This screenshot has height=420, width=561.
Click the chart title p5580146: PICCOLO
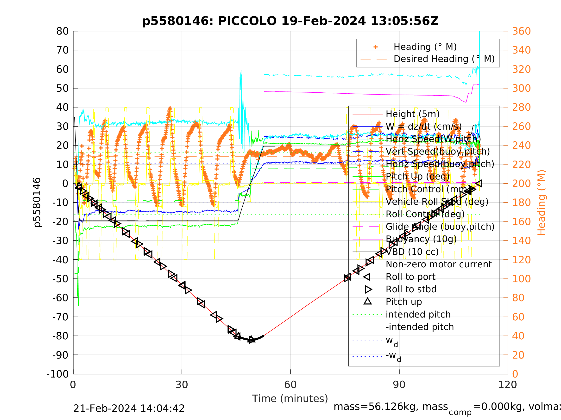[290, 21]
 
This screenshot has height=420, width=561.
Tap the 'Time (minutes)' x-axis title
[290, 399]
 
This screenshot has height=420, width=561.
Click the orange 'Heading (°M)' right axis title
[541, 203]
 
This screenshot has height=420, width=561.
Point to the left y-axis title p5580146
[37, 203]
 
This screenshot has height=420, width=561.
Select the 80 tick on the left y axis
[62, 31]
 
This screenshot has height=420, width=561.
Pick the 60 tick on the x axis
[290, 385]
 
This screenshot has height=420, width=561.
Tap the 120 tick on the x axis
[507, 385]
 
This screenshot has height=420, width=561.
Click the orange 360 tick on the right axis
[521, 31]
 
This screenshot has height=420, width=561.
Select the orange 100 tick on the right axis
[521, 279]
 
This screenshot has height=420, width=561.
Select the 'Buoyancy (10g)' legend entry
[421, 239]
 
